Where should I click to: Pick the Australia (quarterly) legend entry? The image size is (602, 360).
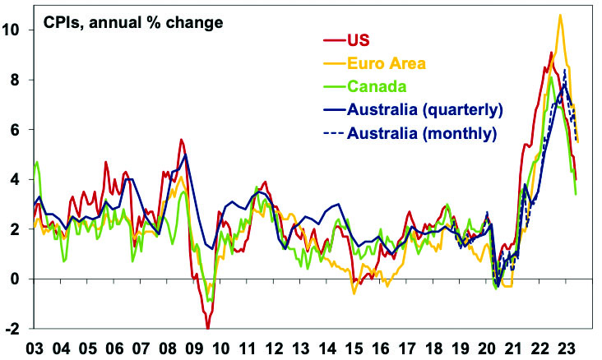(424, 108)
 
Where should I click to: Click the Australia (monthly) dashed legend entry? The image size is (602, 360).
(422, 132)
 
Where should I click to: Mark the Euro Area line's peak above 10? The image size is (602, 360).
(560, 15)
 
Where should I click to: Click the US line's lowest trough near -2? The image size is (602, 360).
(208, 328)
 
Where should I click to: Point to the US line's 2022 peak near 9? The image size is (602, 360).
(550, 53)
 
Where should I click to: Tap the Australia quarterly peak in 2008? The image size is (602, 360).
(186, 155)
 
